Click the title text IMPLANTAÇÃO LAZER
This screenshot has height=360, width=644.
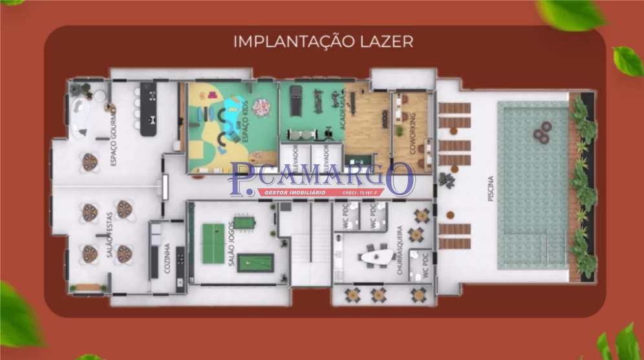click(323, 41)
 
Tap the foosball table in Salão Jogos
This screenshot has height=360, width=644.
click(244, 222)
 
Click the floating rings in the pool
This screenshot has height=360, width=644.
click(542, 132)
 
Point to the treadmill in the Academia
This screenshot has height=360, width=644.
click(295, 101)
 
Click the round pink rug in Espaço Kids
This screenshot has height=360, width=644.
click(261, 106)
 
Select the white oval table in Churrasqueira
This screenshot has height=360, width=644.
click(376, 257)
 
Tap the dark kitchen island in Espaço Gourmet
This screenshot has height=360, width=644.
click(149, 108)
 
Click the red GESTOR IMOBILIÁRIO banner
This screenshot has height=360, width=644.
click(321, 192)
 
